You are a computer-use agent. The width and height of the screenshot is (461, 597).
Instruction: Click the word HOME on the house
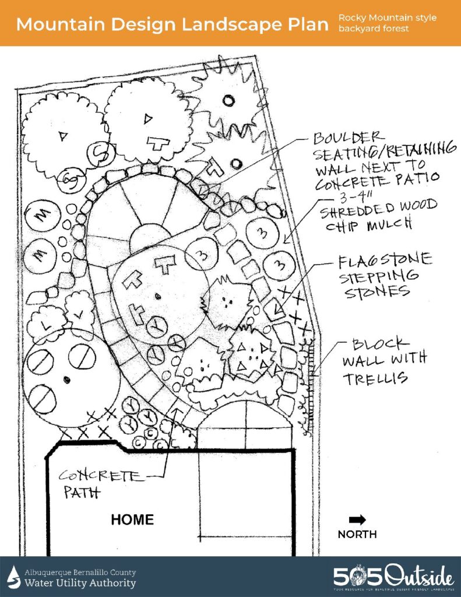[x=132, y=519]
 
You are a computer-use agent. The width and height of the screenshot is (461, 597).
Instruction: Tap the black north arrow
[x=357, y=519]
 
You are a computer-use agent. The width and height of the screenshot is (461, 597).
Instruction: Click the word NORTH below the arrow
[x=357, y=534]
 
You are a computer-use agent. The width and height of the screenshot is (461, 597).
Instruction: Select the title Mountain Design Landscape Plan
[x=170, y=24]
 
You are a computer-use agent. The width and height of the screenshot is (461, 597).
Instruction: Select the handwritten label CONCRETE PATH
[x=103, y=483]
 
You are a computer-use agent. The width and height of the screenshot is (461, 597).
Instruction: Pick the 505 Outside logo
[x=393, y=577]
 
